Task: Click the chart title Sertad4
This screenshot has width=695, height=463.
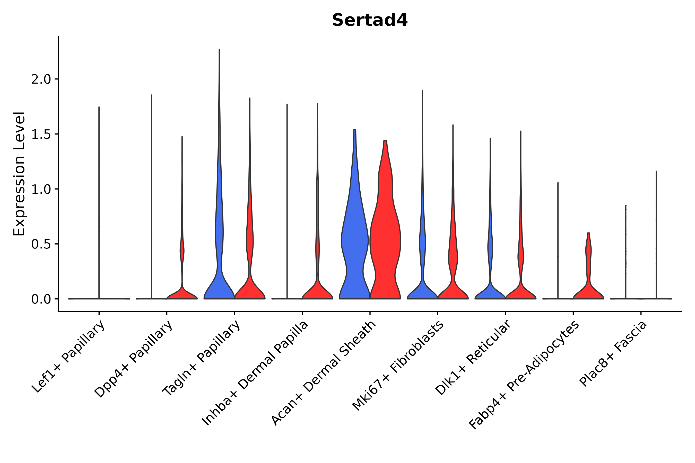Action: tap(370, 20)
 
